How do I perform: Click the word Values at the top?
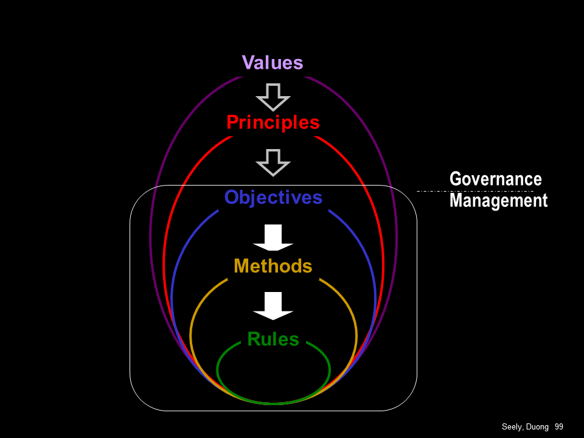coord(272,63)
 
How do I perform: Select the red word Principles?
coord(273,122)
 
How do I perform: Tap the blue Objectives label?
coord(273,197)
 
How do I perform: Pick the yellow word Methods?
coord(273,266)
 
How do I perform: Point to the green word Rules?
coord(273,339)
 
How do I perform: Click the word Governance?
coord(495,179)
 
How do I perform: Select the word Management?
coord(498,200)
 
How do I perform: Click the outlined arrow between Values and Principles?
coord(273,96)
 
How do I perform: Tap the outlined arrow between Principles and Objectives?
coord(273,162)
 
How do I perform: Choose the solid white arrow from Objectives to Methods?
coord(273,237)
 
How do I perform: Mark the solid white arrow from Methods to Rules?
coord(273,305)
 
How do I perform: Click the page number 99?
coord(558,427)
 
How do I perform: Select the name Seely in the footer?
coord(512,427)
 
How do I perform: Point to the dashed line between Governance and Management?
coord(474,190)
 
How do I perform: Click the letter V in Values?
coord(248,63)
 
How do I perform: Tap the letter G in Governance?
coord(456,179)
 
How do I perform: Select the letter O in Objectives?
coord(232,197)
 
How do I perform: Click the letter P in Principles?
coord(232,122)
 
